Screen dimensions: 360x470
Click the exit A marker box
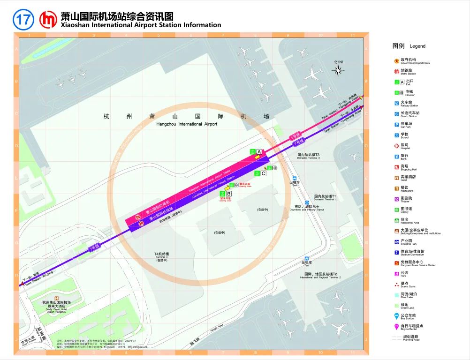[x=259, y=151]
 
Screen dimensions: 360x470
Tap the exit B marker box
[x=229, y=194]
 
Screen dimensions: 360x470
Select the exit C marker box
[x=263, y=173]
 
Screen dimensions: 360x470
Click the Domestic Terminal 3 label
[x=308, y=156]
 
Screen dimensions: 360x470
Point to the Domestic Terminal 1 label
[x=325, y=197]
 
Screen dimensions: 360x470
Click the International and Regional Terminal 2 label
[x=320, y=275]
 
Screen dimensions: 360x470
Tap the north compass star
[x=338, y=71]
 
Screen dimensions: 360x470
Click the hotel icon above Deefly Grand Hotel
[x=56, y=298]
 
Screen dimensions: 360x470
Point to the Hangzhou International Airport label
[x=187, y=124]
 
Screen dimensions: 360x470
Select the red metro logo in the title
[x=48, y=20]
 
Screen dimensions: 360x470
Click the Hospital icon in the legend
[x=396, y=145]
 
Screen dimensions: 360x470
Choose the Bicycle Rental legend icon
[x=396, y=326]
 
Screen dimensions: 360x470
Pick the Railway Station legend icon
[x=396, y=103]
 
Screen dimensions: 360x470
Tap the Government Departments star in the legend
[x=396, y=60]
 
